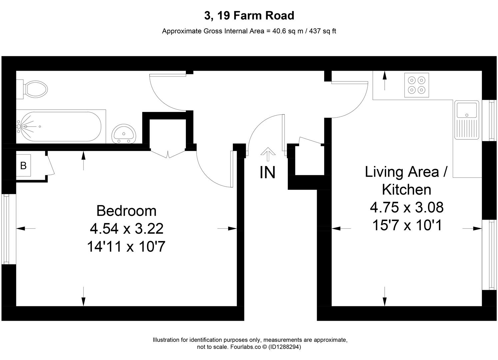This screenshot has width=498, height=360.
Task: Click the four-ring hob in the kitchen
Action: (417, 85)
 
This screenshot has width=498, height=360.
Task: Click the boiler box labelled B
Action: (23, 165)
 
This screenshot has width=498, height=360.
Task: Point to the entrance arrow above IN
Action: (268, 153)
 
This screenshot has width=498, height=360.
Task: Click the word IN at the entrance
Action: (267, 173)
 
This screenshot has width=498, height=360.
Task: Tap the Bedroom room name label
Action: (126, 211)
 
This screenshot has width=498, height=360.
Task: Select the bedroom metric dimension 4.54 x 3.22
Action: (127, 229)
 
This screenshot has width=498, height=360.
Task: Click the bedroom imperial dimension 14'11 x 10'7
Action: (126, 247)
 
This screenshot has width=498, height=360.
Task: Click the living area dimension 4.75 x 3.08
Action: (407, 207)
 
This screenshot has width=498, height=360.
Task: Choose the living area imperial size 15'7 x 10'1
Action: (407, 225)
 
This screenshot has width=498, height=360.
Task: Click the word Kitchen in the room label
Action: (406, 189)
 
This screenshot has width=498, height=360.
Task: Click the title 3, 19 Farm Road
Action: (249, 16)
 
